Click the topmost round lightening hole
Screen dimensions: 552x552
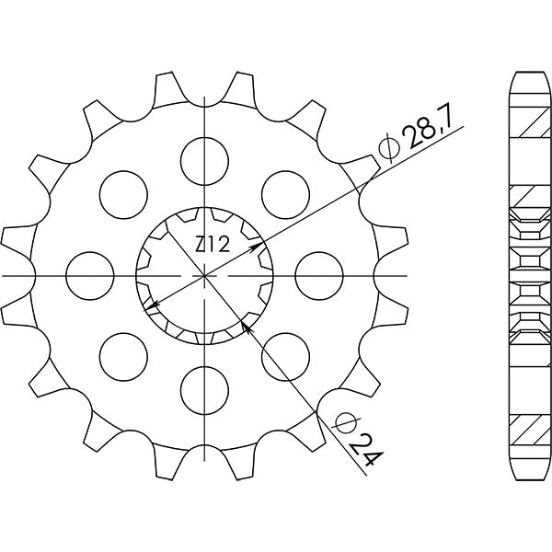pyautogui.click(x=204, y=158)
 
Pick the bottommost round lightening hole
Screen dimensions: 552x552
pyautogui.click(x=204, y=391)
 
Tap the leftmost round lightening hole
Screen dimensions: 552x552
pyautogui.click(x=89, y=275)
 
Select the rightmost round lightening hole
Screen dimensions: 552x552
pyautogui.click(x=320, y=275)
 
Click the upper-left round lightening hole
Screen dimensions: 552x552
pyautogui.click(x=122, y=193)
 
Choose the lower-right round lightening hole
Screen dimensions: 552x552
pyautogui.click(x=286, y=357)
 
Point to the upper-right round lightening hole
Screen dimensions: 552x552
pyautogui.click(x=286, y=193)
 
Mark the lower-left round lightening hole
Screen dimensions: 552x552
pyautogui.click(x=122, y=357)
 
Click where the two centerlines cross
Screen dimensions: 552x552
pyautogui.click(x=204, y=275)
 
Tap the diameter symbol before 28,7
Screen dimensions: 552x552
pyautogui.click(x=386, y=147)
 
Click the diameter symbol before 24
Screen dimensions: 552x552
pyautogui.click(x=345, y=424)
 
